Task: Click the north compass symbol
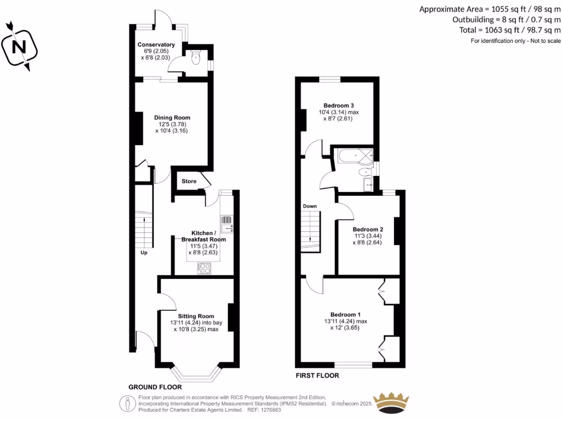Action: (x=20, y=47)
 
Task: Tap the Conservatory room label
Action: (x=156, y=44)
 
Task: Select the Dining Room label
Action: (x=172, y=117)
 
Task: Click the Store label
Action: (x=189, y=181)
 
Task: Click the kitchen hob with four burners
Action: (x=204, y=268)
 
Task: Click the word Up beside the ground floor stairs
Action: (x=144, y=253)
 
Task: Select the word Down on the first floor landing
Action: (x=310, y=206)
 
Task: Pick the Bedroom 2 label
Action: (x=368, y=229)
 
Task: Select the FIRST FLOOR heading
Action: (x=317, y=376)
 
